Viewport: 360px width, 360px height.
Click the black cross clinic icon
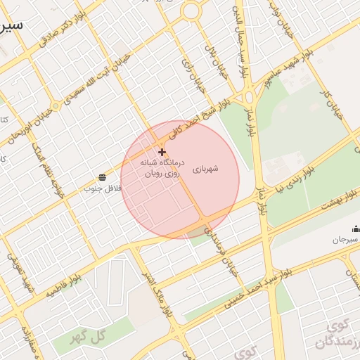[162, 152]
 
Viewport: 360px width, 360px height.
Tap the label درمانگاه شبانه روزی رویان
[161, 167]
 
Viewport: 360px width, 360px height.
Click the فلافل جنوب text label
[103, 188]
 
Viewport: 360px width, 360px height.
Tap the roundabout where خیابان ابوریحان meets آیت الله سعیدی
[55, 106]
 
